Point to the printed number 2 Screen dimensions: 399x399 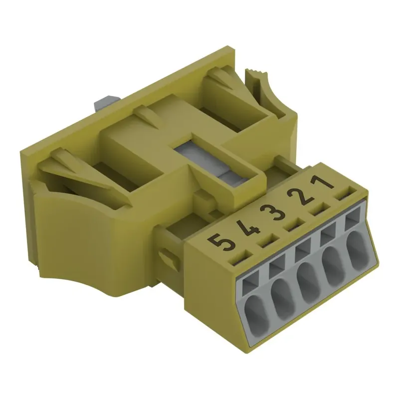pos(302,197)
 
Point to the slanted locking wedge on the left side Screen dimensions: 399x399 pos(75,170)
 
